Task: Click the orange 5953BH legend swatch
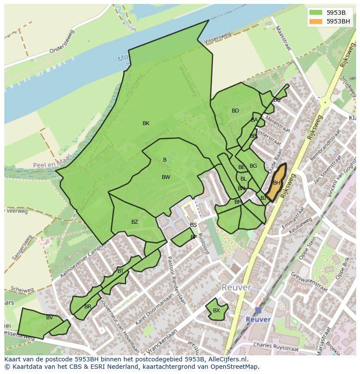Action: pyautogui.click(x=316, y=21)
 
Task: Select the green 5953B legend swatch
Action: pyautogui.click(x=316, y=12)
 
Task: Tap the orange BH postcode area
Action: pyautogui.click(x=276, y=183)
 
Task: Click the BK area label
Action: pyautogui.click(x=146, y=123)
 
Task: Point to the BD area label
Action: pyautogui.click(x=235, y=111)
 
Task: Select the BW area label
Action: pyautogui.click(x=166, y=177)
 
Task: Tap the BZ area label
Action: pyautogui.click(x=135, y=222)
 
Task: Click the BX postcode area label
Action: pyautogui.click(x=217, y=311)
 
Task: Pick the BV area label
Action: pyautogui.click(x=50, y=318)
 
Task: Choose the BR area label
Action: pyautogui.click(x=88, y=307)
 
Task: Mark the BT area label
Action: pyautogui.click(x=120, y=271)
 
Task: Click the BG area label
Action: pyautogui.click(x=253, y=166)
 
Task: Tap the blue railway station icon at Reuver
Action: pyautogui.click(x=258, y=310)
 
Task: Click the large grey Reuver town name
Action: pyautogui.click(x=236, y=288)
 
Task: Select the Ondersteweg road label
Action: pyautogui.click(x=62, y=42)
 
